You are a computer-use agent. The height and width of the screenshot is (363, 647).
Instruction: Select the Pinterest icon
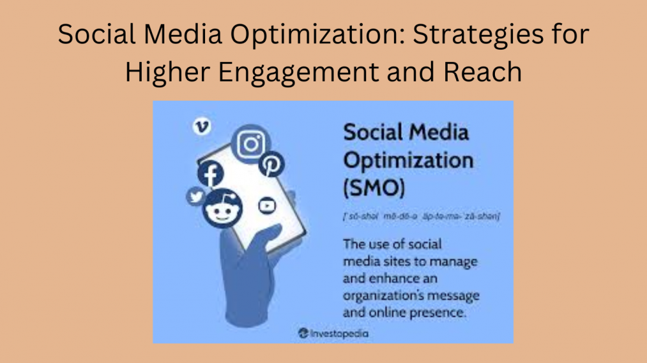pos(272,165)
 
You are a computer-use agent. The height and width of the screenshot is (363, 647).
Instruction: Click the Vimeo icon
pos(202,127)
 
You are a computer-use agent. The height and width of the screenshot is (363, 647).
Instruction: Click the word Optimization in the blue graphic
pos(408,160)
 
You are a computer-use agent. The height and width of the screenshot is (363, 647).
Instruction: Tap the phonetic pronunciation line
pos(421,216)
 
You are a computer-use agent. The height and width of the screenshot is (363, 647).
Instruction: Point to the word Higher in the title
pos(166,72)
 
